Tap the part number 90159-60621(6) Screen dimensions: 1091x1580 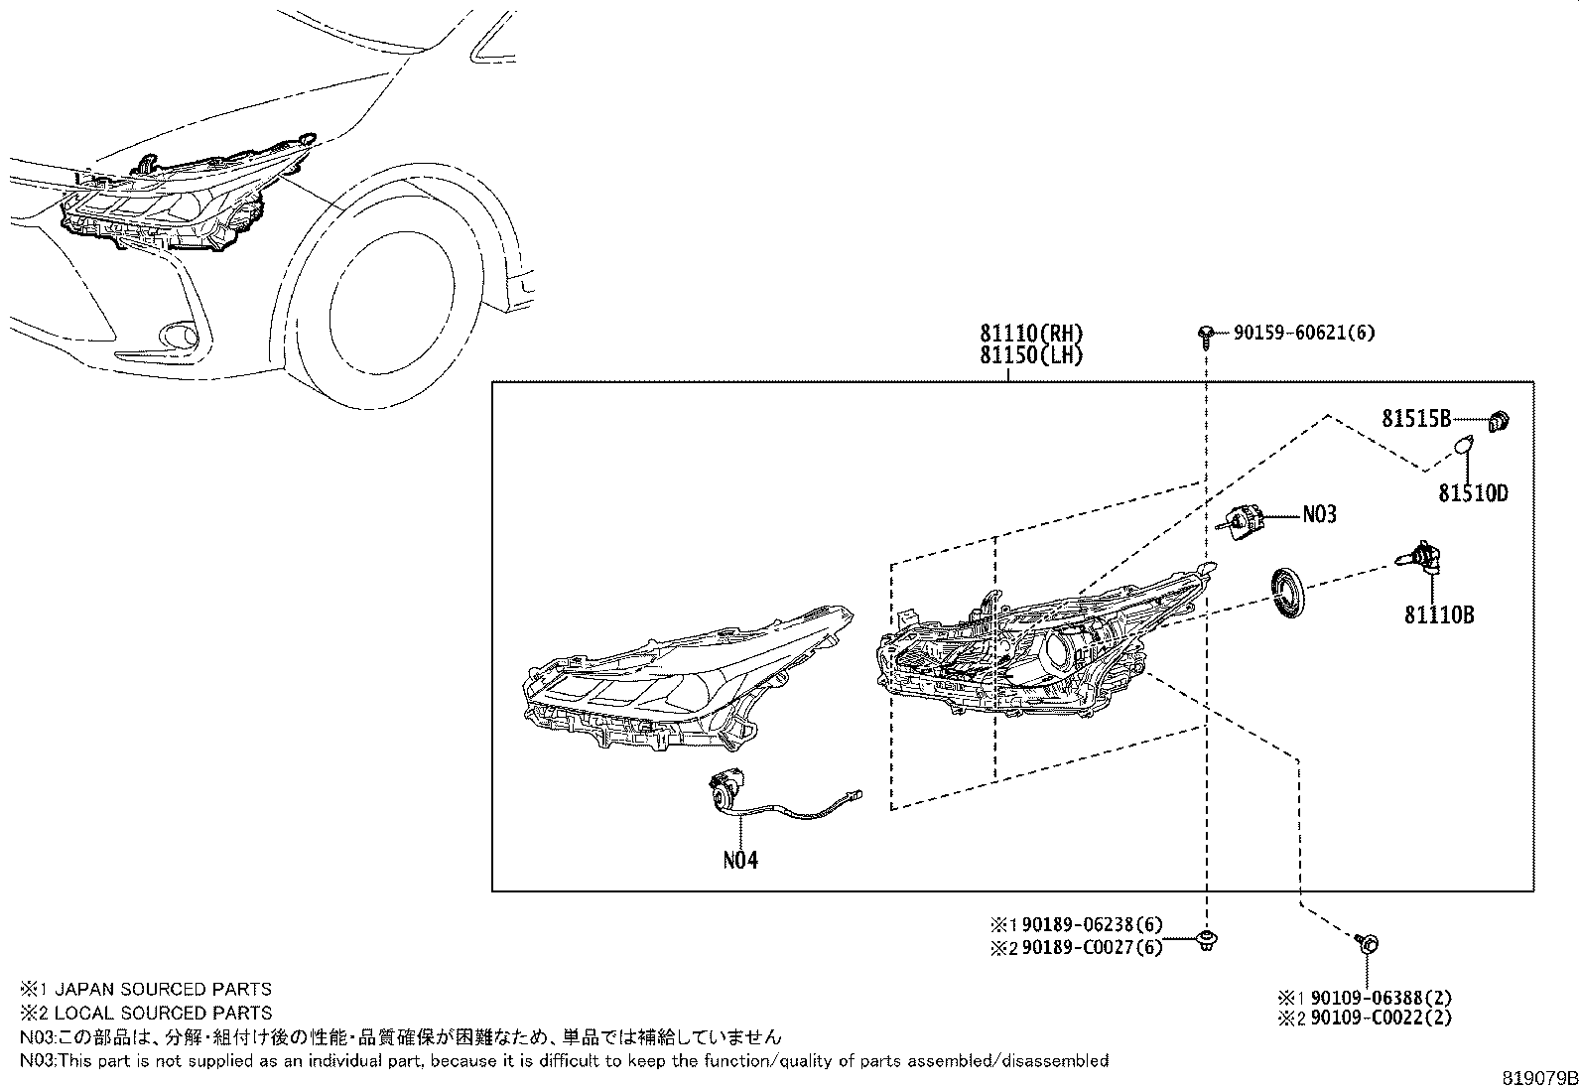point(1304,334)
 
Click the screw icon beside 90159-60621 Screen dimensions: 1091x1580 point(1205,335)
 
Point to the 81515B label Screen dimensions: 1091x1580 point(1416,419)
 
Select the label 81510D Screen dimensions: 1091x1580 point(1474,492)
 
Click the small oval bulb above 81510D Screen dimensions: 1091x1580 point(1463,449)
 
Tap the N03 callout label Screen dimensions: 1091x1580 point(1319,514)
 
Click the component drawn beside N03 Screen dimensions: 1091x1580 point(1242,520)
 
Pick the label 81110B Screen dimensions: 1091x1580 point(1438,615)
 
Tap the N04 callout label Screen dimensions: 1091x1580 point(740,860)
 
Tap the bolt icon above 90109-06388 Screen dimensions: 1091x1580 point(1367,943)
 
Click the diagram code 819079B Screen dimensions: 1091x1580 point(1537,1077)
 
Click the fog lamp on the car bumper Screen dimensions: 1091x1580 point(182,337)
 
